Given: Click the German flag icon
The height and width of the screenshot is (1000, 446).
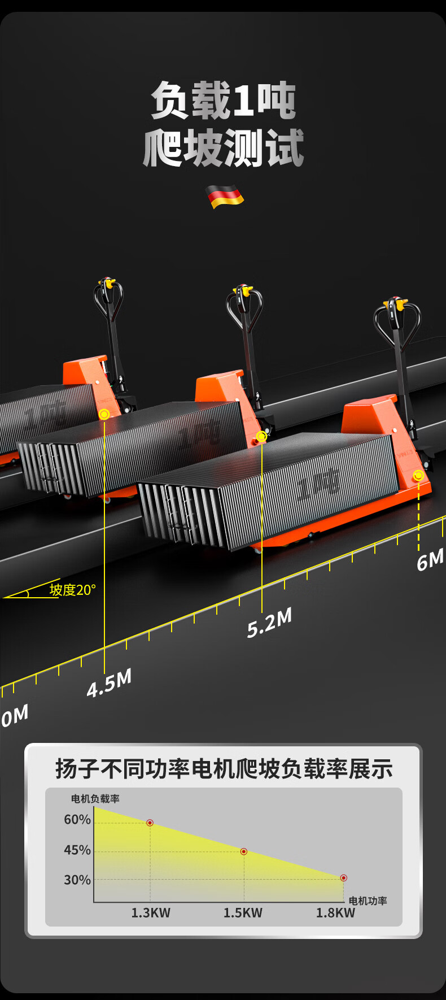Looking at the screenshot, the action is (224, 196).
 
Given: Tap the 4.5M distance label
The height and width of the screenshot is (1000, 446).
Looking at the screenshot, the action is (110, 682).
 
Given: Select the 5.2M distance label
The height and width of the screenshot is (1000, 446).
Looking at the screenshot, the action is (270, 623).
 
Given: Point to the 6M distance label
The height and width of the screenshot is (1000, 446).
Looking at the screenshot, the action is (430, 560).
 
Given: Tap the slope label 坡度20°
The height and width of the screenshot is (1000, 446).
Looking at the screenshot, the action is (73, 590).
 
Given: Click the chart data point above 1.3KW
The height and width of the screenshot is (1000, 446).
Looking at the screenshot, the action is (150, 823).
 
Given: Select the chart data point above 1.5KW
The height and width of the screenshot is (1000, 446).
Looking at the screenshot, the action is (244, 851).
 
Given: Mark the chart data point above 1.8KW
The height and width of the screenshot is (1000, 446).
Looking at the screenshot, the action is (343, 878).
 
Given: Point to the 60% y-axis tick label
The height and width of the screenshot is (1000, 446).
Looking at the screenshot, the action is (77, 819).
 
